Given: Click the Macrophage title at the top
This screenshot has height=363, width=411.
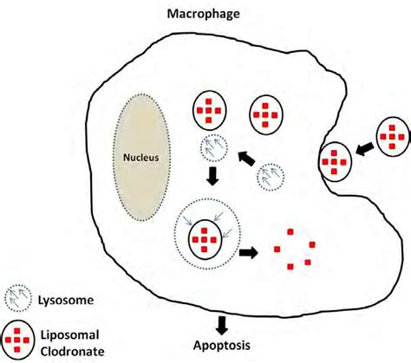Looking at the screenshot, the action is click(204, 14).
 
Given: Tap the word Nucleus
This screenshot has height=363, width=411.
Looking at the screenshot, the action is click(141, 158).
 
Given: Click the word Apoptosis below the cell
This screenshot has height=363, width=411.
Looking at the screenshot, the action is click(222, 345).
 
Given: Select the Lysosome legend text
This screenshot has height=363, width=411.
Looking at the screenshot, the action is click(66, 301).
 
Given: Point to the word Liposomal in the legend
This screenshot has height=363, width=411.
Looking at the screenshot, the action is click(69, 335).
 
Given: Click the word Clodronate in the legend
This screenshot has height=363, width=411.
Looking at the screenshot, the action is click(72, 352).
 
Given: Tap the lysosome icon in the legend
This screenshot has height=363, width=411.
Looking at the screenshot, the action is click(18, 298).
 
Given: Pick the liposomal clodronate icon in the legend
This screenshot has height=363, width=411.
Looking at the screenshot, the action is click(17, 340).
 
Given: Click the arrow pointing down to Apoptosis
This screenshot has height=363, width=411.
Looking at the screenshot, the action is click(222, 326).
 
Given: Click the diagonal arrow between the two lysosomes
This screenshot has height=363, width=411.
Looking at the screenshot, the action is click(246, 159).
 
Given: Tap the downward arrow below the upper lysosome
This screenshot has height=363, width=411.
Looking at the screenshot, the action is click(212, 176).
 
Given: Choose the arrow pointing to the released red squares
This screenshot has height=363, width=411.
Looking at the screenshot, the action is click(248, 253).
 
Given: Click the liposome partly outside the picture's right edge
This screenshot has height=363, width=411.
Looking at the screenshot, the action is click(394, 137).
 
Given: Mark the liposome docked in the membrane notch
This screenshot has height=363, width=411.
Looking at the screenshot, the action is click(335, 162).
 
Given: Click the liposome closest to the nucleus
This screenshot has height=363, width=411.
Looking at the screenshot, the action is click(209, 111).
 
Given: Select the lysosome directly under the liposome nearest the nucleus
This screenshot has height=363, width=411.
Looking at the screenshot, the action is click(214, 148).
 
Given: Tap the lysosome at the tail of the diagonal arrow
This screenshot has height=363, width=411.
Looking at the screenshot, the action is click(271, 178).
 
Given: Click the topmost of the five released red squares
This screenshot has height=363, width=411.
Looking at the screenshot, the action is click(290, 231).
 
